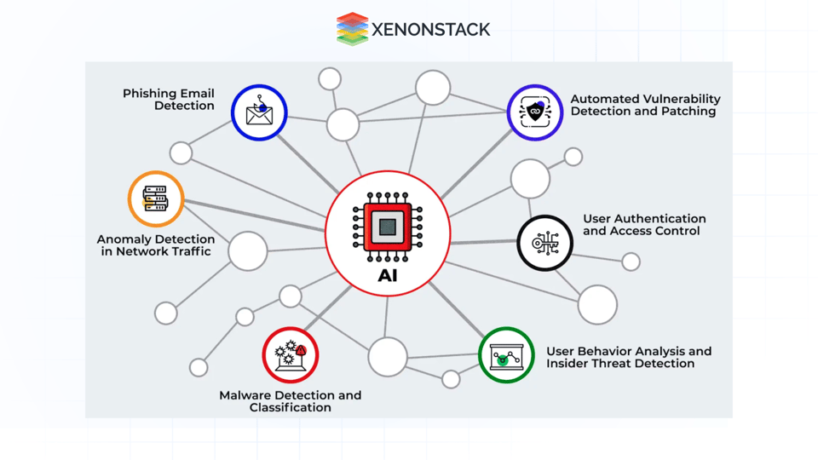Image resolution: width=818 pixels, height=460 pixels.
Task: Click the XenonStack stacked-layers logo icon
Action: [352, 29]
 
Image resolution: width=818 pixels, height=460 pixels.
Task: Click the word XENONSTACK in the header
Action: [430, 30]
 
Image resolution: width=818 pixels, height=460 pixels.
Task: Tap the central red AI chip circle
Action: [388, 233]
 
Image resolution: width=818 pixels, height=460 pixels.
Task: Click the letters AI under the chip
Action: [388, 276]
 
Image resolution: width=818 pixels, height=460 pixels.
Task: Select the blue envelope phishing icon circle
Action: [259, 112]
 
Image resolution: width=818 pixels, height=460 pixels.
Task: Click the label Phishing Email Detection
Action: [169, 100]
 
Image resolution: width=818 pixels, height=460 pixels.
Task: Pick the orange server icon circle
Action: [156, 199]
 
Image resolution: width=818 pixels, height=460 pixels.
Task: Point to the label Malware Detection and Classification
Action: [291, 401]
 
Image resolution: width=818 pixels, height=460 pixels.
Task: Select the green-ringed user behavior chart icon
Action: [506, 354]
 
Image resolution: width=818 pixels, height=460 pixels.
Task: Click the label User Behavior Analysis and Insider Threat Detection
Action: [629, 357]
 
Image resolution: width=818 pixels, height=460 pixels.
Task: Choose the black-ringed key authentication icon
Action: [545, 243]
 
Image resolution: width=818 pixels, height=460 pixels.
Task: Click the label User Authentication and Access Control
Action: [644, 225]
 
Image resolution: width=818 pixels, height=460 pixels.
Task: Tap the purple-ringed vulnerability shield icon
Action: [535, 112]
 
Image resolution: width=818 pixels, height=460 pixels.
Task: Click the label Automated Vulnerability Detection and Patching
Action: [645, 105]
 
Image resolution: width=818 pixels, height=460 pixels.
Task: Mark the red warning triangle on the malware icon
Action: [301, 350]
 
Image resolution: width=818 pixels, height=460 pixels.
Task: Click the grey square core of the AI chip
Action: [388, 227]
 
